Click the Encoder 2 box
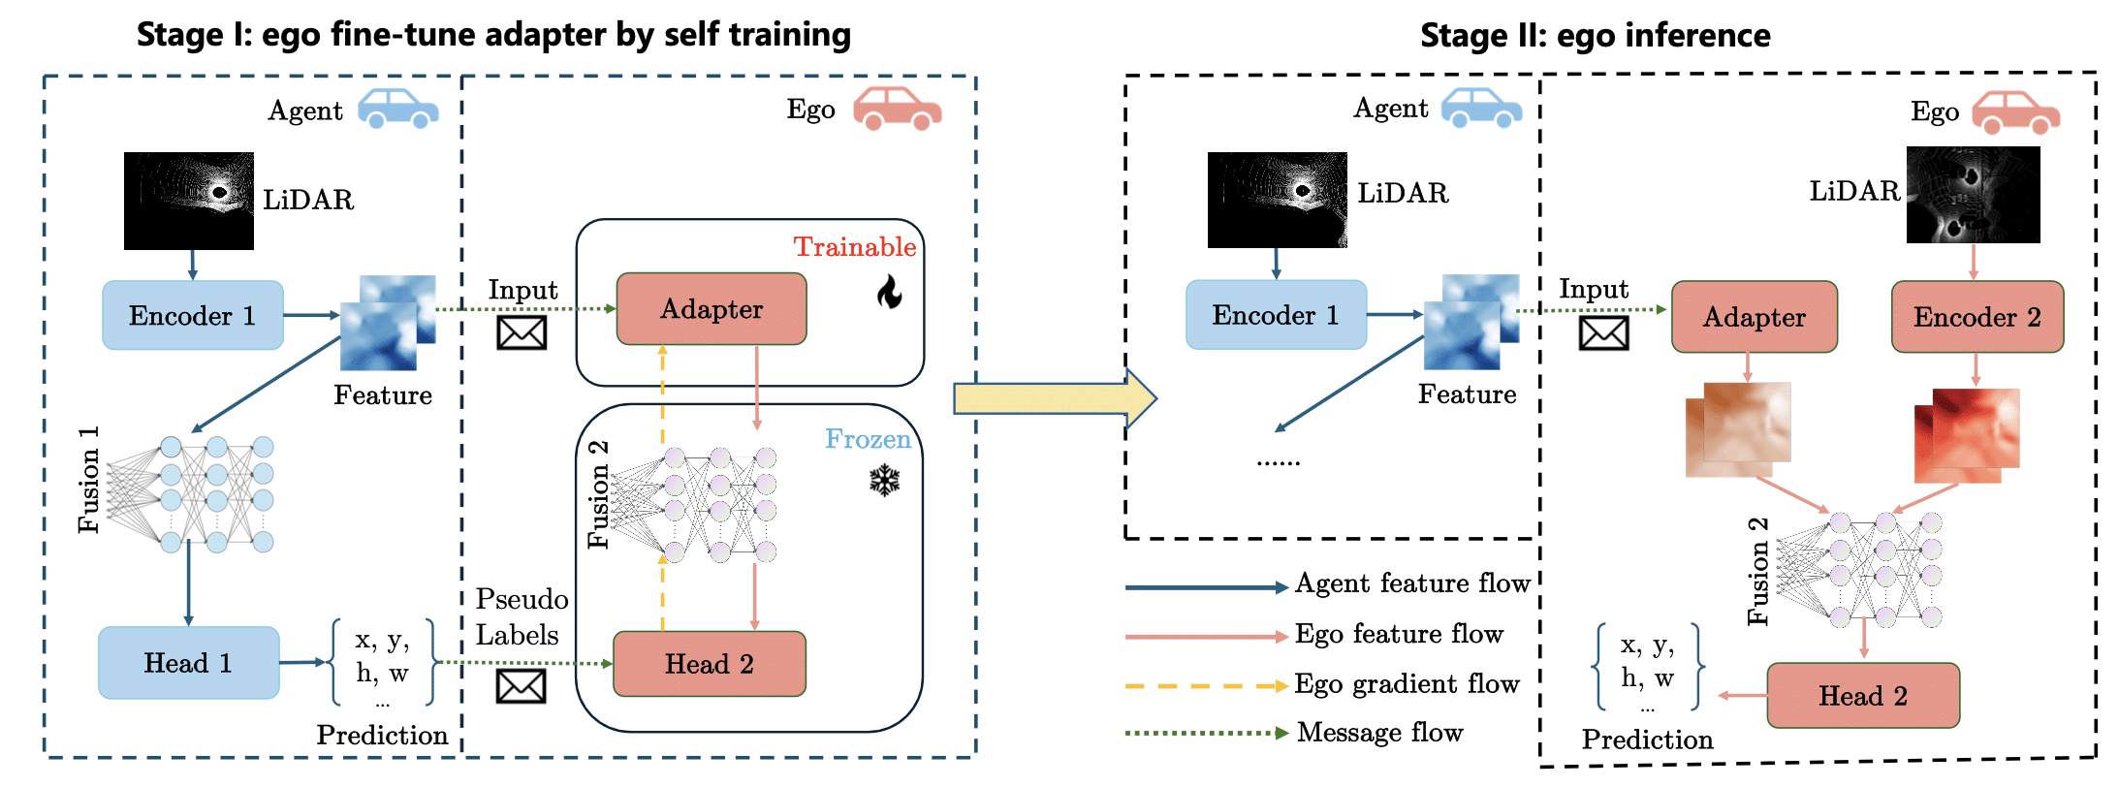[1977, 317]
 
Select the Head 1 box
[189, 663]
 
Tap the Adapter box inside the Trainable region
[712, 309]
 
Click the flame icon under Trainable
[889, 291]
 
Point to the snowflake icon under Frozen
[885, 481]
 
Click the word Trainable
[855, 247]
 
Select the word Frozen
[868, 439]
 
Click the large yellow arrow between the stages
[1055, 398]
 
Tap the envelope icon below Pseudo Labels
[522, 686]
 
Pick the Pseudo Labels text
[521, 616]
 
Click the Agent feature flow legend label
[1412, 583]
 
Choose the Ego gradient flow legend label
[1407, 684]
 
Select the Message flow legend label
[1379, 733]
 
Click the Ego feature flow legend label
[1399, 634]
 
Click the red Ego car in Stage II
[2016, 111]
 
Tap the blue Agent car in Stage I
[398, 109]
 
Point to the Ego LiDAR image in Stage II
[1973, 194]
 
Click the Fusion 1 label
[88, 480]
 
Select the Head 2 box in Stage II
[1863, 696]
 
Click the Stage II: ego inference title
[1596, 36]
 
